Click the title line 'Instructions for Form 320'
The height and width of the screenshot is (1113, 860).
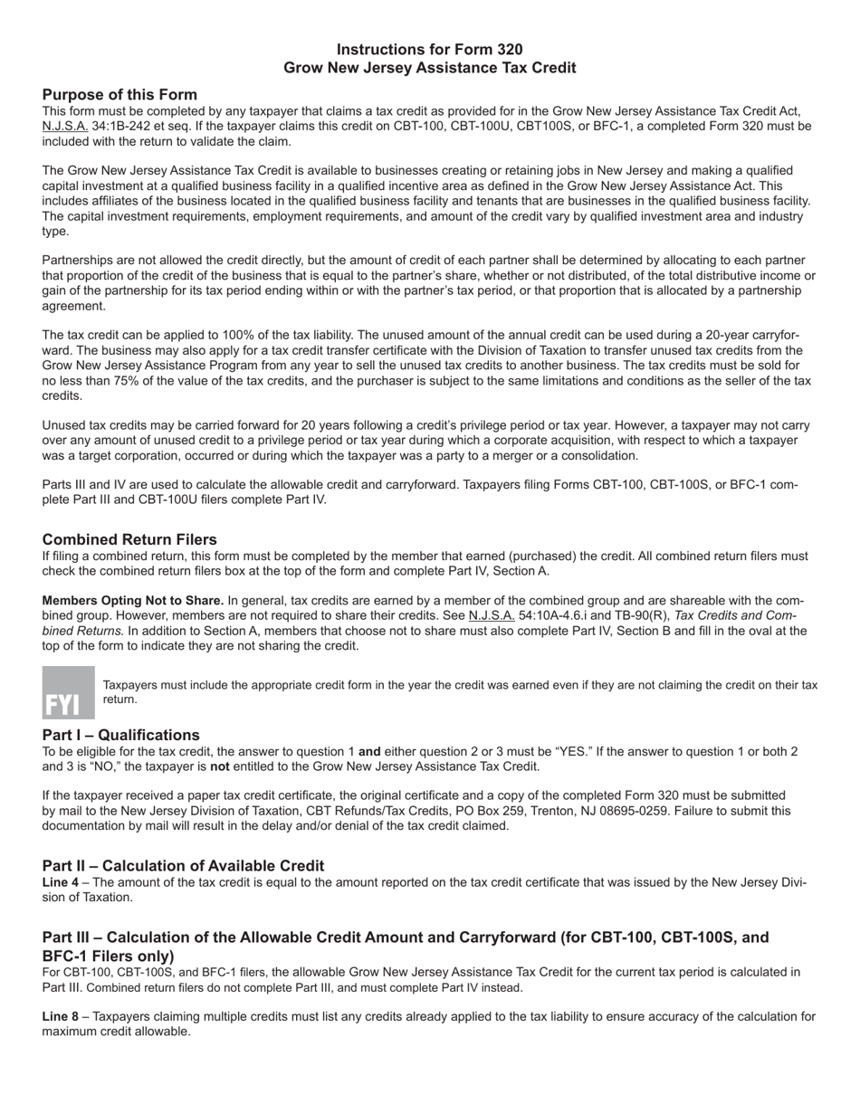(429, 50)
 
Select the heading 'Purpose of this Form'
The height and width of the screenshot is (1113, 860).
(119, 95)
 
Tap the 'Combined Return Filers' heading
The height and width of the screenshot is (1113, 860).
(129, 539)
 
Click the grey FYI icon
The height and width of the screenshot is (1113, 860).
(68, 692)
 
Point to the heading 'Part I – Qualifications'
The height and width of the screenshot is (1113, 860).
(120, 735)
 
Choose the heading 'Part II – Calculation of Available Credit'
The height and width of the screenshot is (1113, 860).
(183, 866)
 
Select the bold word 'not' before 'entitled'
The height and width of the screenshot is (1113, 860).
(221, 766)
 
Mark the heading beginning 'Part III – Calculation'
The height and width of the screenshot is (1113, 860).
(406, 938)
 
